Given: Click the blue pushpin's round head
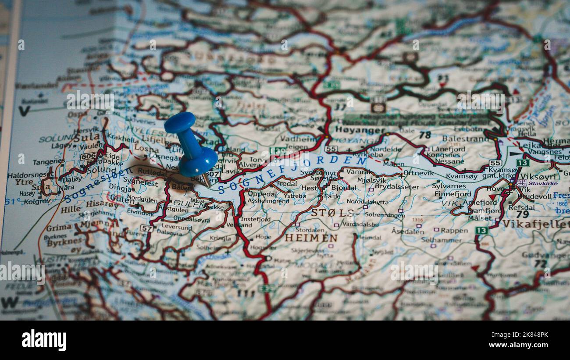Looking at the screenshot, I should coord(180,122).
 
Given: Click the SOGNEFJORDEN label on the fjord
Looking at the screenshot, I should coord(292,173).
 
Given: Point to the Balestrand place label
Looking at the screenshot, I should coord(465,139).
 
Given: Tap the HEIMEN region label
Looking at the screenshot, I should coord(311,238).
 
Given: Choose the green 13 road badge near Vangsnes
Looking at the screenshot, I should coord(522,163).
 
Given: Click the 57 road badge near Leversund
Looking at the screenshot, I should coord(146,228).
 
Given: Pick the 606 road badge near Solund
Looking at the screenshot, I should coord(88,156).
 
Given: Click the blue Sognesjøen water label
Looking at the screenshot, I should coord(97,186).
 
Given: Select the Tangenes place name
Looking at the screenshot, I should coord(49,162).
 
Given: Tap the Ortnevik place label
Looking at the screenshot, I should coord(418,173).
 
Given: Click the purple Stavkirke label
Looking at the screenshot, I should coord(543,183).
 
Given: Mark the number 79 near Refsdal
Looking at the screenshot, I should coord(522,214).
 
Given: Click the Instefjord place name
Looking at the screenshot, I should coord(256,219).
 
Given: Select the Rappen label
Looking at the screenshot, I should coord(454,230).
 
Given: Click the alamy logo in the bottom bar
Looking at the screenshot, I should coord(44,341).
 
